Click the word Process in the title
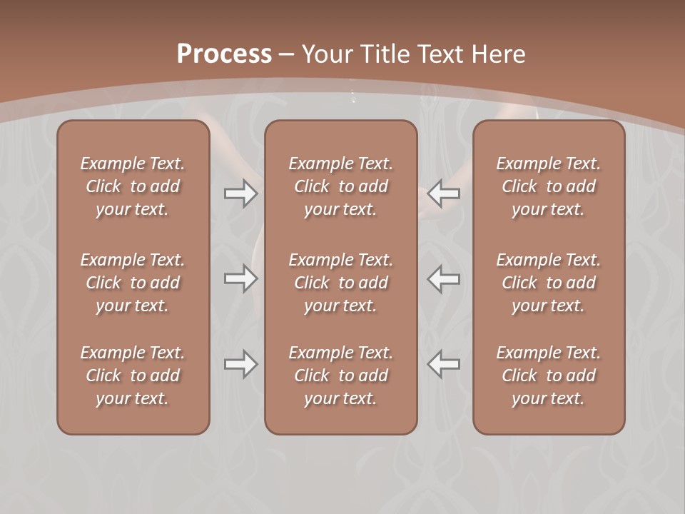224,54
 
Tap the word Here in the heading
500,54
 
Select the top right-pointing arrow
240,193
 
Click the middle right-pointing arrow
240,278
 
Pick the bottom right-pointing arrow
240,364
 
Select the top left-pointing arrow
444,193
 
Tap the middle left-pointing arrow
444,278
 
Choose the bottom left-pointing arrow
444,364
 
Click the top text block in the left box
133,186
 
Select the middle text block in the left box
133,283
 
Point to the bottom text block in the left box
133,376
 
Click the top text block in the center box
341,186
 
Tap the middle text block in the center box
341,283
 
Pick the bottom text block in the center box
341,376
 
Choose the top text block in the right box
549,186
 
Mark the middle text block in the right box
549,283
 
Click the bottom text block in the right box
549,376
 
